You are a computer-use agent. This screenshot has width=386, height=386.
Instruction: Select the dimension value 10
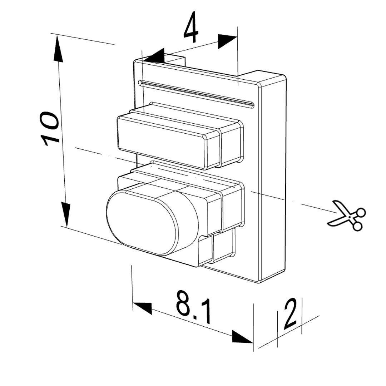click(x=50, y=128)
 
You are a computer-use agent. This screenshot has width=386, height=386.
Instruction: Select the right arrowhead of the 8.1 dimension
click(x=243, y=337)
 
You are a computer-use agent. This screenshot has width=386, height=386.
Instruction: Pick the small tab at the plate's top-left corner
click(x=174, y=59)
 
